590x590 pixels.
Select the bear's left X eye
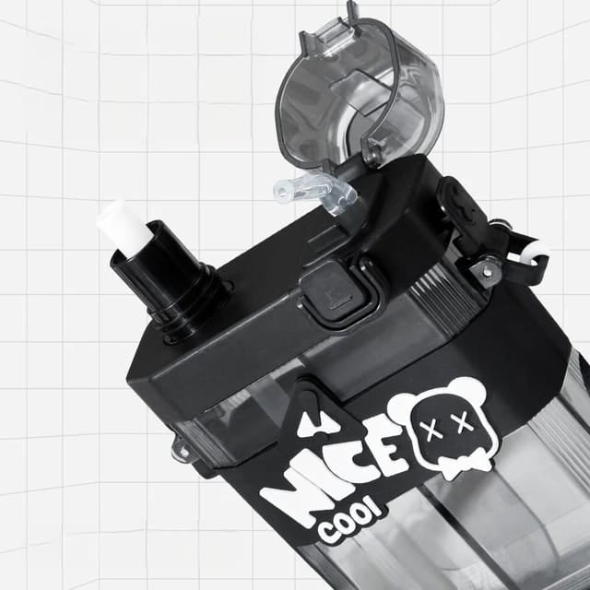click(428, 431)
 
